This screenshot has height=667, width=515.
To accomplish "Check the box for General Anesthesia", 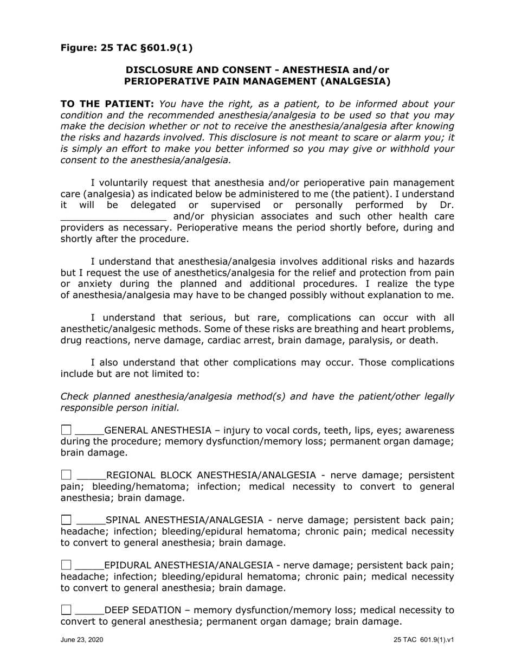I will pos(66,431).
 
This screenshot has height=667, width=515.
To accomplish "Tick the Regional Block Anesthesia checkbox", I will pos(66,476).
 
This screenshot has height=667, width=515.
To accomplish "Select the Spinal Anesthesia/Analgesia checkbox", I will pos(66,520).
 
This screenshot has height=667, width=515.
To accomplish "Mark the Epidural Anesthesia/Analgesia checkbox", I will pos(66,565).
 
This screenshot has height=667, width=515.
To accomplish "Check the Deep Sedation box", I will pos(66,610).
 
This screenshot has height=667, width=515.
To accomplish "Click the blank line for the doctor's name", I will pos(113,217).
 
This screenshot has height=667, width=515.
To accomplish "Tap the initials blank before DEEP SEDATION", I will pos(89,611).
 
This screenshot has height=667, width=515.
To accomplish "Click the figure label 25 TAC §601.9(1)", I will pos(126,48).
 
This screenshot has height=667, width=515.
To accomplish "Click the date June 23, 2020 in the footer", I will pos(82,640).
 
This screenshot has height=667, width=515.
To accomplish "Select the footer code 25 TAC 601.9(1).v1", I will pos(424,640).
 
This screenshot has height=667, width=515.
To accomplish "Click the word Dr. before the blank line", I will pos(447,205).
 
